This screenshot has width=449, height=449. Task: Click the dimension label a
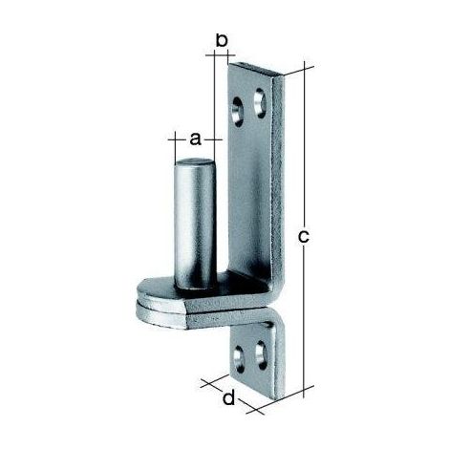click(x=195, y=139)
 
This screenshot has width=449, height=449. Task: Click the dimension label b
click(x=222, y=41)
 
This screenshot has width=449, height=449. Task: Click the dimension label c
click(x=303, y=237)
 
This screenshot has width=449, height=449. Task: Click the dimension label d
click(x=228, y=398)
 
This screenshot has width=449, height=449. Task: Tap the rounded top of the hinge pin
click(x=195, y=162)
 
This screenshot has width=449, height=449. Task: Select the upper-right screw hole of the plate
click(x=260, y=103)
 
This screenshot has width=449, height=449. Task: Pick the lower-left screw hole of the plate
click(x=239, y=360)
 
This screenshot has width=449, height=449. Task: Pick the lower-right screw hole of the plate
click(x=262, y=355)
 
